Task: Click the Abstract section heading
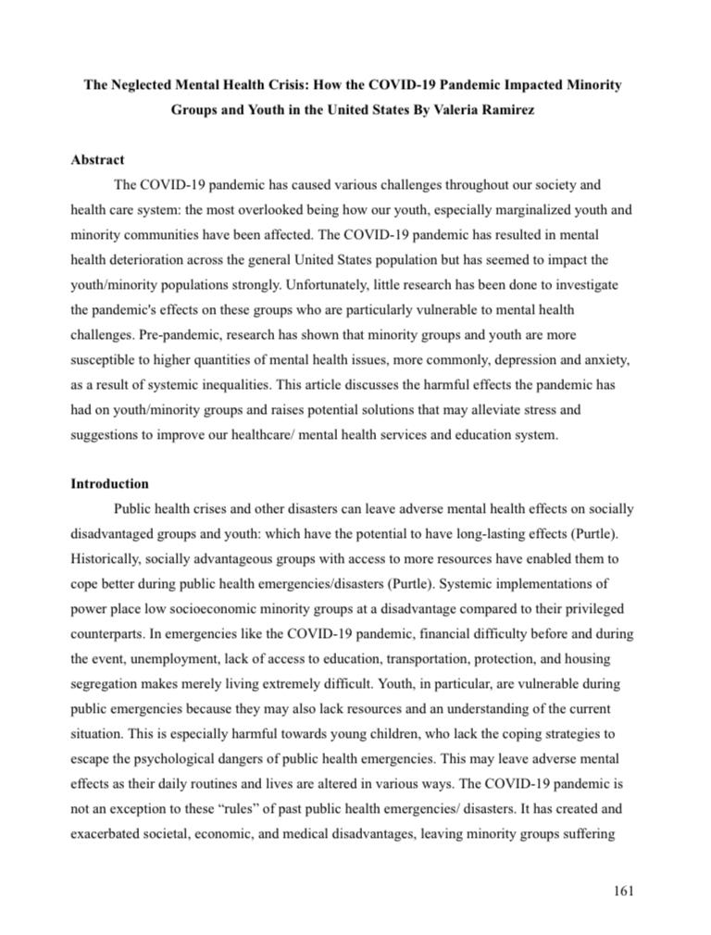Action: (x=97, y=160)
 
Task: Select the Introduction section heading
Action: (x=109, y=483)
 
